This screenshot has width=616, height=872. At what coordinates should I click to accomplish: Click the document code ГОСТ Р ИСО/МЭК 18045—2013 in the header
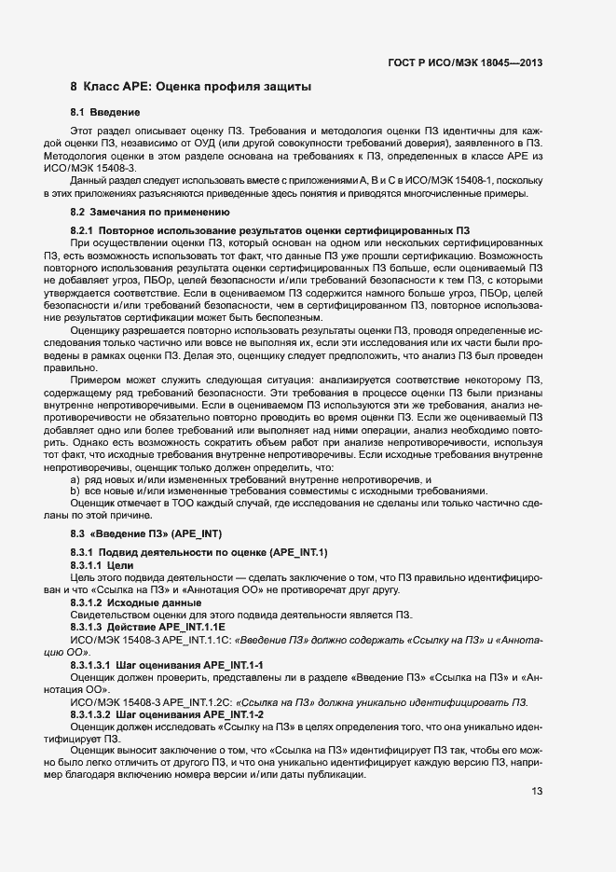464,63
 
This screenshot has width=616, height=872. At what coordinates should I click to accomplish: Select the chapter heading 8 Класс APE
190,87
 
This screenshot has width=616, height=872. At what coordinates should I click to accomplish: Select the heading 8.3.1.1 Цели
103,565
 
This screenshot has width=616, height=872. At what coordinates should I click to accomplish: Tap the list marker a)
75,479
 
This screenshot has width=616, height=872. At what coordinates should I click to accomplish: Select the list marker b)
75,491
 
